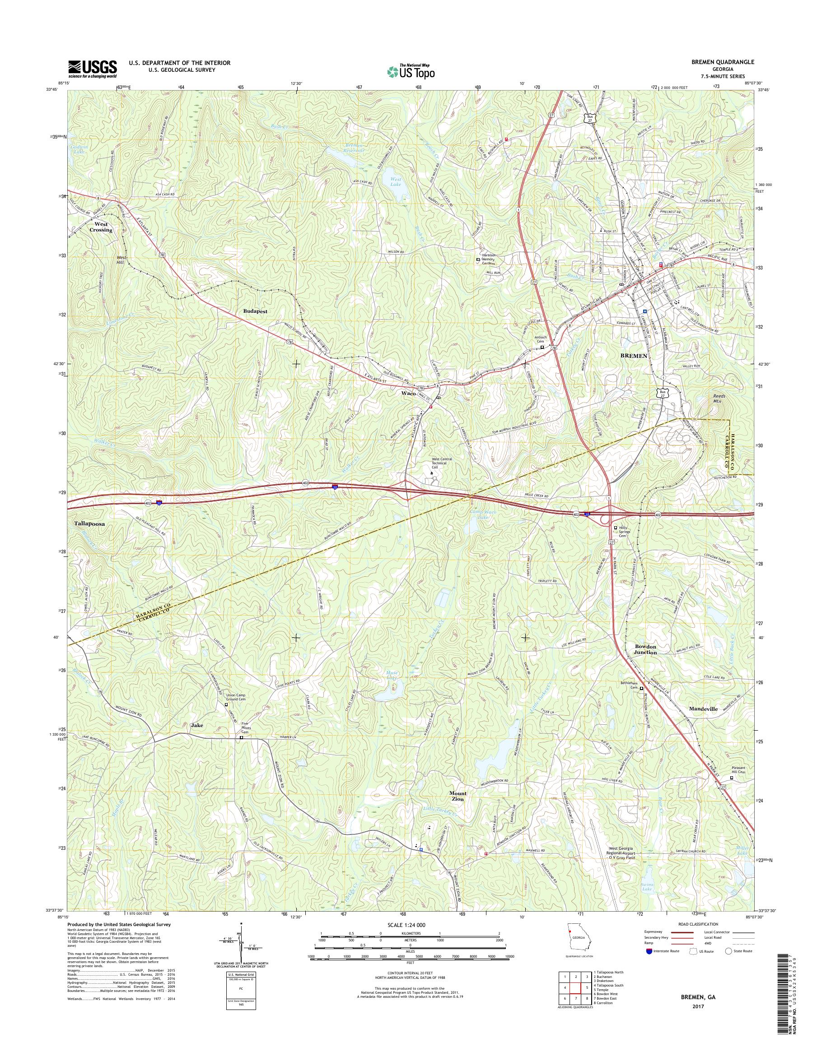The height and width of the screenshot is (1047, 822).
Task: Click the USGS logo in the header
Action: (x=93, y=69)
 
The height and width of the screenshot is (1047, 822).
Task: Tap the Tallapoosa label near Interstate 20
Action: (x=90, y=522)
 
